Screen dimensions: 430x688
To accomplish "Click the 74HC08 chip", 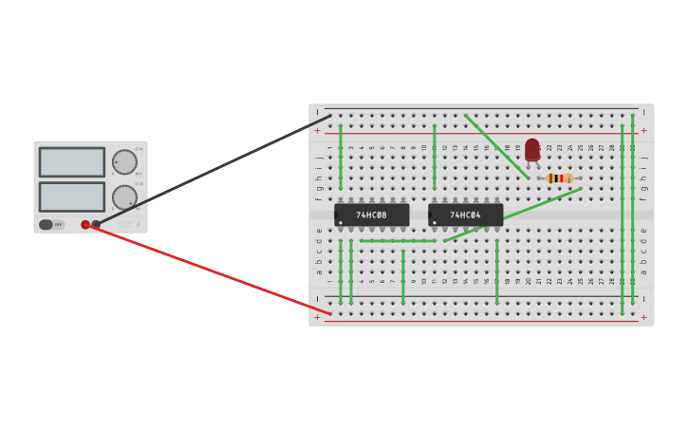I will (x=371, y=215).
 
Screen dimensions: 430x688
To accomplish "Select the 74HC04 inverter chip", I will (x=465, y=215).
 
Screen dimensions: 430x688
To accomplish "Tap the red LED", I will (x=532, y=150).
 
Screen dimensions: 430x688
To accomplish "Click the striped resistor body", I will (x=560, y=178).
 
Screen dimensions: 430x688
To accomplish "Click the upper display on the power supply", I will (x=72, y=161).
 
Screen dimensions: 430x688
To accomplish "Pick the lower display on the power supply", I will (x=72, y=196).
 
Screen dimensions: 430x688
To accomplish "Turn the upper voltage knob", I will (x=124, y=162).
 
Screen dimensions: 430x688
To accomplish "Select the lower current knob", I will (x=124, y=197).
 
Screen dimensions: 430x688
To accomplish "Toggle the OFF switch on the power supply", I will (x=47, y=225).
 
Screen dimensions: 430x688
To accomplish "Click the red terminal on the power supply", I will (x=85, y=225).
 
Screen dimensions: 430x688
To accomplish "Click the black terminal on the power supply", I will (x=96, y=225).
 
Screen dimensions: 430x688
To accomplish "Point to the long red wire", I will (x=209, y=270).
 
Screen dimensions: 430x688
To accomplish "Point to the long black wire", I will (x=214, y=170).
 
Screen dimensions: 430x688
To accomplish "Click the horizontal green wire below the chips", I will (x=398, y=241).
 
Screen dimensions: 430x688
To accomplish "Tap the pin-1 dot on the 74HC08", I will (x=341, y=223).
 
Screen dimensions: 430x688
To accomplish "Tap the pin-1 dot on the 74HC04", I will (x=435, y=223).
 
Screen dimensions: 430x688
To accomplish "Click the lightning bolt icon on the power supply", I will (x=138, y=225).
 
